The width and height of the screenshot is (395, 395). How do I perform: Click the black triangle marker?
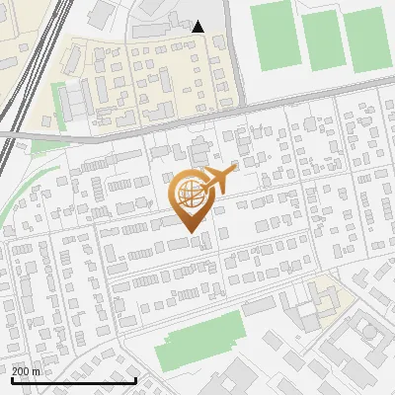pos(198,27)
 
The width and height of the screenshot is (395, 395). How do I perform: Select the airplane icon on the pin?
pos(220,180)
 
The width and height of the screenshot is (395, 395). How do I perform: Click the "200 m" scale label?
pos(27,370)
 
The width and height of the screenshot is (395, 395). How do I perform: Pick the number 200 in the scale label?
pos(22,370)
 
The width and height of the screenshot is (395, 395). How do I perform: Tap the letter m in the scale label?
pos(38,370)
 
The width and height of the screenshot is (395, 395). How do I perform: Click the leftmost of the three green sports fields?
pos(274,36)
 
